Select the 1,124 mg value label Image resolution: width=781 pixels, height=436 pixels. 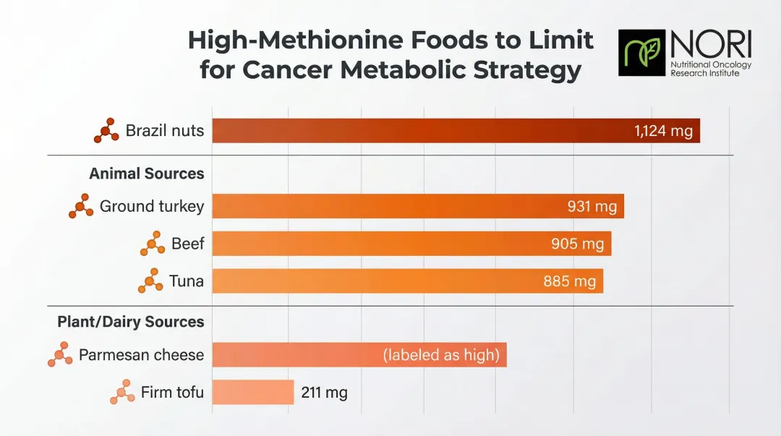point(663,131)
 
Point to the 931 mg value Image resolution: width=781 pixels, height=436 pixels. point(592,207)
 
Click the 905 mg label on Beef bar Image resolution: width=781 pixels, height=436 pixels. point(577,244)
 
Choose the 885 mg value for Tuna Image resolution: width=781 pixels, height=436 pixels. point(569,281)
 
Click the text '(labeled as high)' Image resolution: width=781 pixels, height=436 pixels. point(441,355)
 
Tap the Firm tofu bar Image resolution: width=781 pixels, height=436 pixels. point(252,393)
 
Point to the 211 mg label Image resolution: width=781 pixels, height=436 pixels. point(323,393)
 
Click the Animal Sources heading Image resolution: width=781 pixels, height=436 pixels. point(146,174)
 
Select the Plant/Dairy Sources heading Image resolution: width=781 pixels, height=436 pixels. point(131,322)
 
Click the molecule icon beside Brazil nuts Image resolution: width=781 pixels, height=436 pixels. point(106,130)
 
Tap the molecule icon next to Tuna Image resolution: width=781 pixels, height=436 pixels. point(150,281)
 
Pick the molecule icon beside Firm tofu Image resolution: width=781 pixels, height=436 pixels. point(122,392)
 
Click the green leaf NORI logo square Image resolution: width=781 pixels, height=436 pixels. point(641,53)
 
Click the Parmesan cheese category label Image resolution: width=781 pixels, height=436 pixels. point(141,355)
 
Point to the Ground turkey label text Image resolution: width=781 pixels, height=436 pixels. point(152,206)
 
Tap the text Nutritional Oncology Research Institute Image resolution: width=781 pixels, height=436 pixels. point(711,69)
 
